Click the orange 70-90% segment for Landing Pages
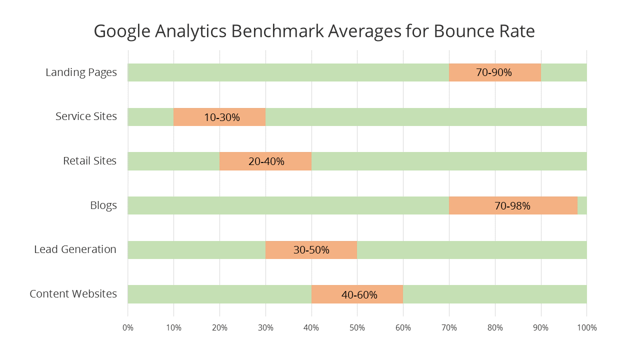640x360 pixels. (x=494, y=72)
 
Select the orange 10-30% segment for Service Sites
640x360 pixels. (x=219, y=117)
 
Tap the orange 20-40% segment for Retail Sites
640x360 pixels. (x=265, y=161)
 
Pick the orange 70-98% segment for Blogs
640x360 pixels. (x=513, y=205)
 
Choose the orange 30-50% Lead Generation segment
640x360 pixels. (x=311, y=250)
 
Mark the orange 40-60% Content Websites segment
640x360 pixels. (x=357, y=294)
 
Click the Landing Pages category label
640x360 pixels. (x=81, y=72)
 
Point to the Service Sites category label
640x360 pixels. (x=86, y=116)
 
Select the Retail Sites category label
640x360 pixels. (x=89, y=161)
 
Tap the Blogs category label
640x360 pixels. (x=103, y=205)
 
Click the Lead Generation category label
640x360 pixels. (x=75, y=249)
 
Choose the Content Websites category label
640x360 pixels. (x=73, y=294)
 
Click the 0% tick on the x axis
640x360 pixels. (x=128, y=328)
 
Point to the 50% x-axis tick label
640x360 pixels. (x=357, y=328)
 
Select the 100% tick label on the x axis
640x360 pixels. (x=586, y=328)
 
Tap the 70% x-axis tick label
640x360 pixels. (x=449, y=328)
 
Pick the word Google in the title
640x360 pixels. (x=121, y=31)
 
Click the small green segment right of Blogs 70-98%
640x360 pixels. (x=582, y=205)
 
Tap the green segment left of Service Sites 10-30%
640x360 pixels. (x=150, y=117)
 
